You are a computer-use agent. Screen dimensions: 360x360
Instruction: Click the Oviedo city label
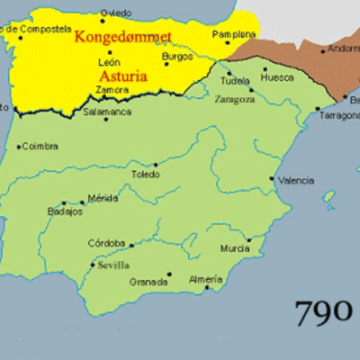pyautogui.click(x=115, y=13)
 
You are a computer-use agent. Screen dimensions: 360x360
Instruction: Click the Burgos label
pyautogui.click(x=177, y=56)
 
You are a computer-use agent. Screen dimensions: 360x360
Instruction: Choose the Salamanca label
pyautogui.click(x=107, y=112)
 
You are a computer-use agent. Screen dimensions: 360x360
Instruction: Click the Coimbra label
pyautogui.click(x=41, y=146)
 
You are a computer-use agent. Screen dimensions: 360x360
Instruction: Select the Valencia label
pyautogui.click(x=296, y=181)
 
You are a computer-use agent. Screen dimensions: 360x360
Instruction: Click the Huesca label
pyautogui.click(x=279, y=77)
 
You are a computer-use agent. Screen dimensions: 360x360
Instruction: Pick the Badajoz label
pyautogui.click(x=64, y=212)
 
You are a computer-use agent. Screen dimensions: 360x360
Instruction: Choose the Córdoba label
pyautogui.click(x=107, y=243)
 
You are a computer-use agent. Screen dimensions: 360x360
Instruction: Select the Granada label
pyautogui.click(x=148, y=282)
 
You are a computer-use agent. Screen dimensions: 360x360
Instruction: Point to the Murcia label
pyautogui.click(x=234, y=248)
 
